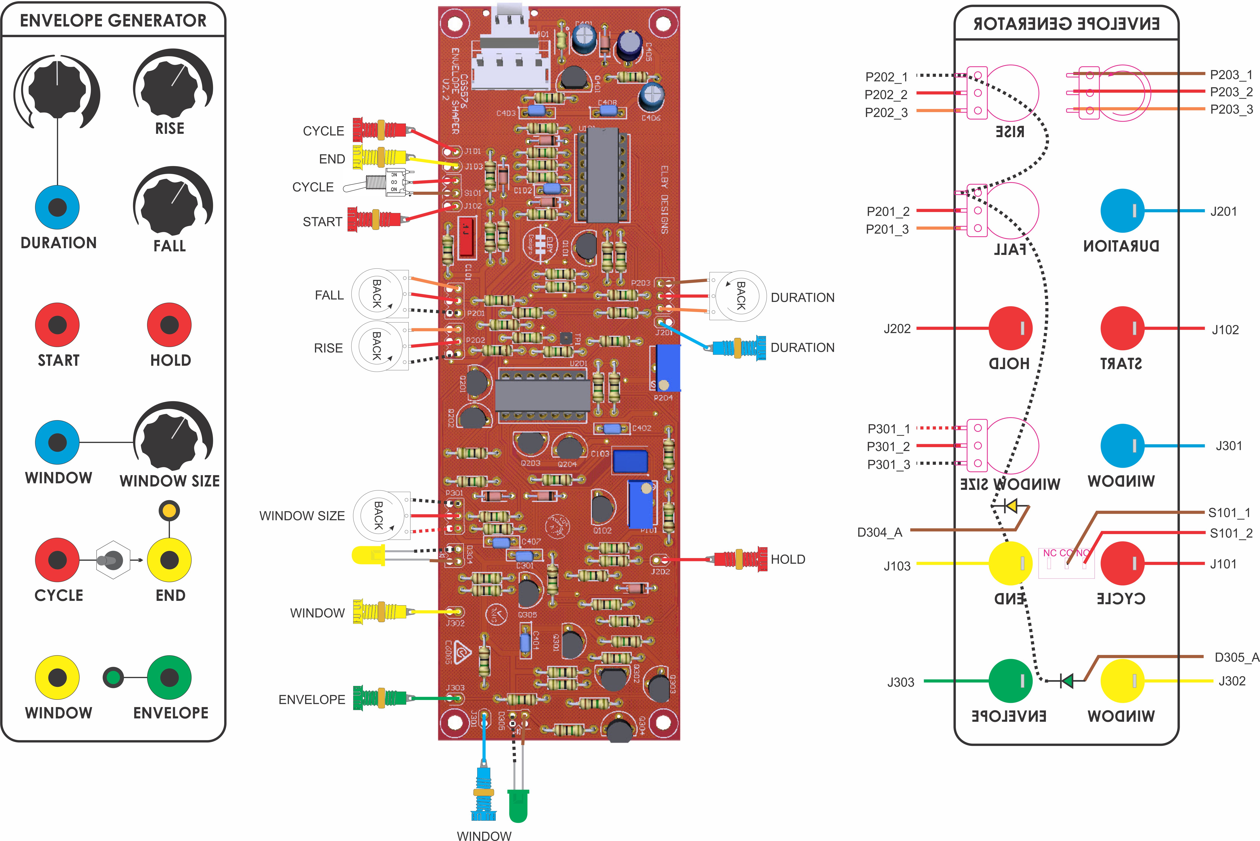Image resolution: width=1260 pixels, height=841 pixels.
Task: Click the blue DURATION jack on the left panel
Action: tap(58, 207)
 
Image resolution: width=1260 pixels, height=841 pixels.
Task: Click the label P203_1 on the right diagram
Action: tap(1231, 75)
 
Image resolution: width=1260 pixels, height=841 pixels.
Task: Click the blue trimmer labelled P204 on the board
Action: tap(667, 368)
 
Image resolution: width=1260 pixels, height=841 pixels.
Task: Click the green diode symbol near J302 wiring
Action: tap(1067, 681)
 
